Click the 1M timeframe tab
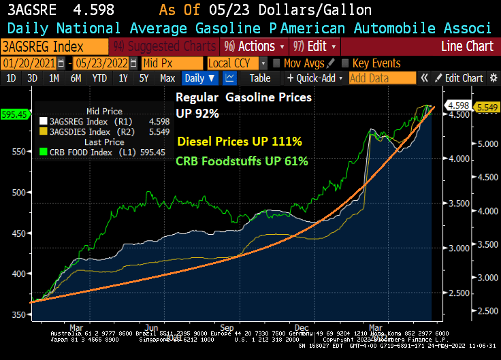coord(53,78)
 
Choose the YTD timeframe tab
coord(99,78)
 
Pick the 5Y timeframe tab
coord(144,78)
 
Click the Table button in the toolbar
coord(259,78)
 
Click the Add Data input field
coord(381,78)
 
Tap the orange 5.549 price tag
coord(485,107)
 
